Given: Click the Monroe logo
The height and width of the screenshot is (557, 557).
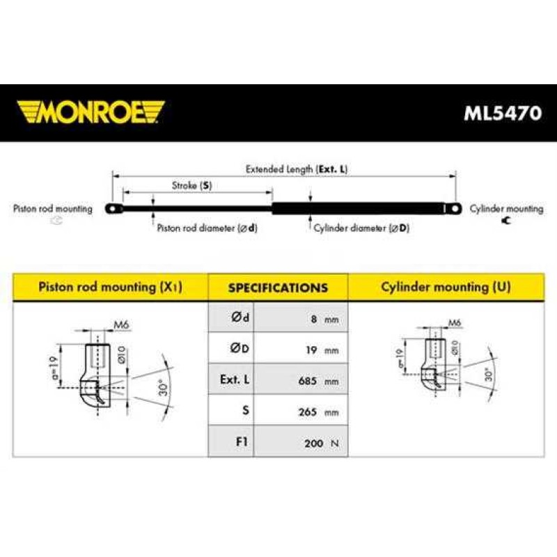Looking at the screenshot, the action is pyautogui.click(x=91, y=112).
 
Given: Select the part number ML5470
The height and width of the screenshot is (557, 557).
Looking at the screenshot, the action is pyautogui.click(x=503, y=113).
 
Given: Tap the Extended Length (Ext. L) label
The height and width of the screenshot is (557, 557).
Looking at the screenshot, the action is pyautogui.click(x=297, y=169).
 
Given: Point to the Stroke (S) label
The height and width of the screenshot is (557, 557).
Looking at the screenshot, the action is pyautogui.click(x=192, y=185).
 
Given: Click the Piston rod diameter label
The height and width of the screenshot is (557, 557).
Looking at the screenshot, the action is pyautogui.click(x=207, y=228).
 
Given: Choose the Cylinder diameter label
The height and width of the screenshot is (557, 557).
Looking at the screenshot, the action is pyautogui.click(x=361, y=228).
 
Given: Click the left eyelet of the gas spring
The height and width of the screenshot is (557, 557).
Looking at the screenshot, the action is pyautogui.click(x=113, y=208).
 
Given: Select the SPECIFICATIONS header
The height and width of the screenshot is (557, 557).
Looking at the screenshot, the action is pyautogui.click(x=278, y=288).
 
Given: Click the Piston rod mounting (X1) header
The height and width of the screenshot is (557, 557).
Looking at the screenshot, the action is pyautogui.click(x=111, y=287).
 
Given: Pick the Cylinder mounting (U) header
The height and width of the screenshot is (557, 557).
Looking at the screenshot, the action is pyautogui.click(x=446, y=287).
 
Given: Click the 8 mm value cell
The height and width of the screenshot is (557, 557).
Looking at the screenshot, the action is pyautogui.click(x=301, y=317).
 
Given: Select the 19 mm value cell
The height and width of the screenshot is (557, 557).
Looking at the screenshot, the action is pyautogui.click(x=301, y=348).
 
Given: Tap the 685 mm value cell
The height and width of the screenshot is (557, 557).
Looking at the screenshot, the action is pyautogui.click(x=301, y=379).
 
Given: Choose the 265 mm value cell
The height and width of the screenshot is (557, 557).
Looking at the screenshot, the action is pyautogui.click(x=301, y=410).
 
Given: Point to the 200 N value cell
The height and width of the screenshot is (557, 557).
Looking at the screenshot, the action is pyautogui.click(x=301, y=441).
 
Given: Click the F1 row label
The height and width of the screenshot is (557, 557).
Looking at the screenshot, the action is pyautogui.click(x=242, y=441).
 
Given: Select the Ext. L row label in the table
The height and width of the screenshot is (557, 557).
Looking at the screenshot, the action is pyautogui.click(x=235, y=379).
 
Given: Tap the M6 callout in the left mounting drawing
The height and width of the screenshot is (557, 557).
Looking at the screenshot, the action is pyautogui.click(x=121, y=324).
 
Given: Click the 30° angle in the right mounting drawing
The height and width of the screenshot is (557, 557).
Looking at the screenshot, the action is pyautogui.click(x=489, y=375).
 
